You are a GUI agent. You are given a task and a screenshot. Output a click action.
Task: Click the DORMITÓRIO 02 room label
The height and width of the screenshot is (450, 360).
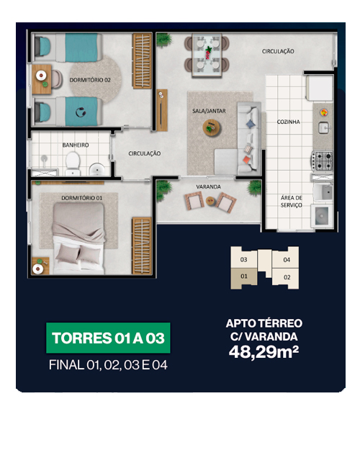pos(90,80)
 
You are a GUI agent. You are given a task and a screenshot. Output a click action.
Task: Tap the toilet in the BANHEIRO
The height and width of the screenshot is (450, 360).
pos(73,163)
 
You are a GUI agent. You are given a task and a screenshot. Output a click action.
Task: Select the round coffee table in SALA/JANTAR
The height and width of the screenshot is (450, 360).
pos(212,127)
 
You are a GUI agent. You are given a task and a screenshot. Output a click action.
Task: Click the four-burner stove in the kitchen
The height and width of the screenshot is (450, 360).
pos(322,161)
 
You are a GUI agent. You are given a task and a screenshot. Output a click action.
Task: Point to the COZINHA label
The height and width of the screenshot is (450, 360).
pos(288,122)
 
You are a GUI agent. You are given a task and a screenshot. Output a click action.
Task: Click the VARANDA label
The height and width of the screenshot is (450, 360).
pos(208,186)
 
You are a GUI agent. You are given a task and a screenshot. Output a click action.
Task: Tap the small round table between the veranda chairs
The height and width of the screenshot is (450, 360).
pos(210,200)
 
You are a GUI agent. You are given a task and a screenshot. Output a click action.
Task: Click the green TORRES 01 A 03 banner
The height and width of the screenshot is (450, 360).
pos(108,338)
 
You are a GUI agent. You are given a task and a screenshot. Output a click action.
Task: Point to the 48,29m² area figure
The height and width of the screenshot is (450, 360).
pos(264,351)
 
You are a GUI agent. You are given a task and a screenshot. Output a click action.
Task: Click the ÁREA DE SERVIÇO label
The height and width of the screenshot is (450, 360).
pos(291,201)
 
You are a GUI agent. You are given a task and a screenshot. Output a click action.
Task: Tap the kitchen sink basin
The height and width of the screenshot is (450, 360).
pos(324,127)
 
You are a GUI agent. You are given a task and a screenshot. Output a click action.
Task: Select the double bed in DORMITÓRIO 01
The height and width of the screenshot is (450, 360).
pos(78,238)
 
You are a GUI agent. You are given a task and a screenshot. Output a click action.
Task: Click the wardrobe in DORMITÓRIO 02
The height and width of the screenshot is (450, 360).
pos(142,61)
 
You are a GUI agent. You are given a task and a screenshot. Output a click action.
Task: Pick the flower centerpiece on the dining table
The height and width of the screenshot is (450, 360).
pos(208,53)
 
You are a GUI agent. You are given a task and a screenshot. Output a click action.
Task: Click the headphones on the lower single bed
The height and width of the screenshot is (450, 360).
pos(81,112)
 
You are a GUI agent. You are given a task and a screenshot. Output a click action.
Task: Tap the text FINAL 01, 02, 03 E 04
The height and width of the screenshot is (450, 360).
pos(108,365)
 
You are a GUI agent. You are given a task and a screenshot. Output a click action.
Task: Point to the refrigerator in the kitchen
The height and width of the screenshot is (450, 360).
pos(319,88)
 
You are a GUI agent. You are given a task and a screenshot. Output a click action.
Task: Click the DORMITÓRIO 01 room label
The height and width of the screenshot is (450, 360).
pos(82,198)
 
